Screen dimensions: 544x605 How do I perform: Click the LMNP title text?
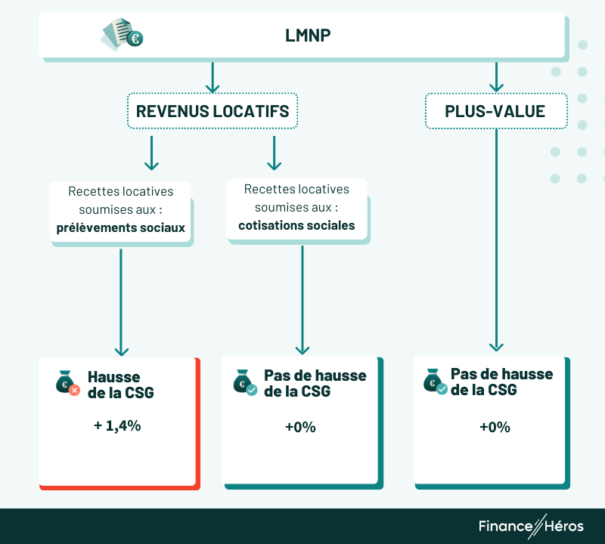click(x=308, y=35)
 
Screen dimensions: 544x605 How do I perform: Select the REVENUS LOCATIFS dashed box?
click(x=213, y=111)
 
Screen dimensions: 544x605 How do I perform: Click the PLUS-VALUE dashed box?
click(x=495, y=111)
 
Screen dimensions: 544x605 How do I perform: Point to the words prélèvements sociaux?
click(x=121, y=227)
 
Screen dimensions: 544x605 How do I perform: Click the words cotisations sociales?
click(x=296, y=225)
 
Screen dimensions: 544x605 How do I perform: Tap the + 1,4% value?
click(x=117, y=425)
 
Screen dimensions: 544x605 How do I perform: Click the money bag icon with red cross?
click(x=67, y=383)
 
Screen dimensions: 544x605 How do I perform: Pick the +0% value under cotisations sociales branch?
click(x=300, y=427)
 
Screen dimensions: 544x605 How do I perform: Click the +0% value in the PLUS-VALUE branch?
click(x=495, y=427)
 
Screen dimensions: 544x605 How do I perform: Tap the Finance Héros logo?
click(x=531, y=526)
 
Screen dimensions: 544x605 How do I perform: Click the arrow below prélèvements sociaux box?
click(x=121, y=302)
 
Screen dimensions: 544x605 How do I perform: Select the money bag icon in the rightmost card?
click(x=435, y=381)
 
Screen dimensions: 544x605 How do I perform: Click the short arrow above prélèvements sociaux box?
click(x=151, y=153)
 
